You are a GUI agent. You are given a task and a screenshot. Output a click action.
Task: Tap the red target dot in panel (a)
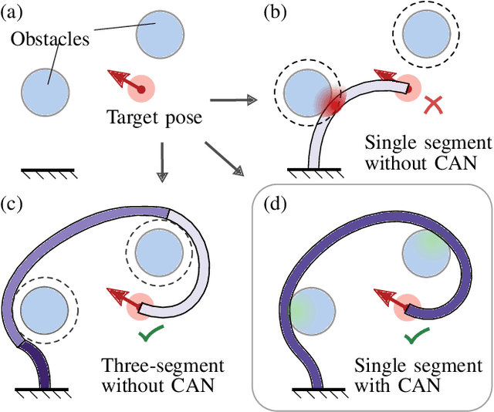141,90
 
